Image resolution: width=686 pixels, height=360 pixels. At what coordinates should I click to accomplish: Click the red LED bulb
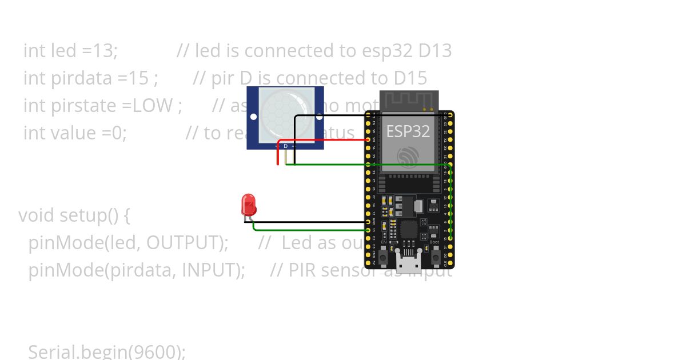click(x=249, y=204)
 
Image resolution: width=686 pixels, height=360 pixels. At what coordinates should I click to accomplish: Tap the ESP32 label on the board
click(x=408, y=131)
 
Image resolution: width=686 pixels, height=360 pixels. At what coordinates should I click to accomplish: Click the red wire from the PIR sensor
click(x=320, y=139)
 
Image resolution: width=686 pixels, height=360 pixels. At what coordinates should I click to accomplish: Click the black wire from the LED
click(x=309, y=222)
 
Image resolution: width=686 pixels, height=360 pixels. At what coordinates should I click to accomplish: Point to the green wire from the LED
click(x=309, y=230)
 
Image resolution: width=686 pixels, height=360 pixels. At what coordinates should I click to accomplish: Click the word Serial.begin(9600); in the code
click(x=107, y=351)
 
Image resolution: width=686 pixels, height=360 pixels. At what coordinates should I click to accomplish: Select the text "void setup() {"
click(x=74, y=215)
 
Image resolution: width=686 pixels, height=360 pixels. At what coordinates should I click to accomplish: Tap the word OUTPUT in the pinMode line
click(x=186, y=243)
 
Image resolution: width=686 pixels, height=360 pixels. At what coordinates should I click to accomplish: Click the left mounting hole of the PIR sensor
click(x=253, y=117)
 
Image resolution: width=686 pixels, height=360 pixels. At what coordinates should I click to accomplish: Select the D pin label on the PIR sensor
click(x=286, y=146)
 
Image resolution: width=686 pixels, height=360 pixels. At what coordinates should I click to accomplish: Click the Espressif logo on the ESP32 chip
click(x=408, y=158)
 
